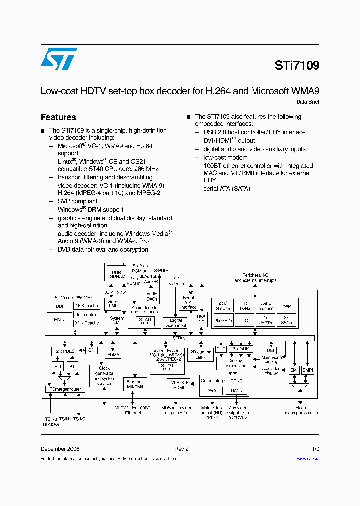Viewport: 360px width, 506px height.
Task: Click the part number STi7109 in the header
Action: click(x=297, y=66)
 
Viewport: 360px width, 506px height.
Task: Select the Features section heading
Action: click(x=58, y=117)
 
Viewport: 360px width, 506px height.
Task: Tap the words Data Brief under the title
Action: click(x=308, y=102)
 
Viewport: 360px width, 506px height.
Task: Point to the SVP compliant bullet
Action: click(x=77, y=201)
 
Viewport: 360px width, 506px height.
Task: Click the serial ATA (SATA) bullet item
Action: click(x=226, y=189)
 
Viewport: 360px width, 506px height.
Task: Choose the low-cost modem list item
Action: click(x=225, y=157)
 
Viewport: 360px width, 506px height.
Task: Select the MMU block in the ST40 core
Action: click(x=59, y=318)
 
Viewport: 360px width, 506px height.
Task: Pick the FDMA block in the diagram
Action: click(x=113, y=354)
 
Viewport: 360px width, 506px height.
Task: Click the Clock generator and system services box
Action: click(x=104, y=376)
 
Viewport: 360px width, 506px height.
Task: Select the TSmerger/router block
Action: click(x=65, y=389)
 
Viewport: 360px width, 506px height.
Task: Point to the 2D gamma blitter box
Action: click(x=201, y=354)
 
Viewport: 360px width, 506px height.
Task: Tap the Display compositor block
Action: click(x=234, y=363)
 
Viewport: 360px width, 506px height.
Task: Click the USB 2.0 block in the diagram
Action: click(x=201, y=319)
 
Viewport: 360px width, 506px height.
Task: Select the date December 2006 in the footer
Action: click(x=60, y=449)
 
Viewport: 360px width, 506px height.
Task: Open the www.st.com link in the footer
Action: click(x=308, y=459)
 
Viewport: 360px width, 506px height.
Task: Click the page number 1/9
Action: click(x=315, y=449)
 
